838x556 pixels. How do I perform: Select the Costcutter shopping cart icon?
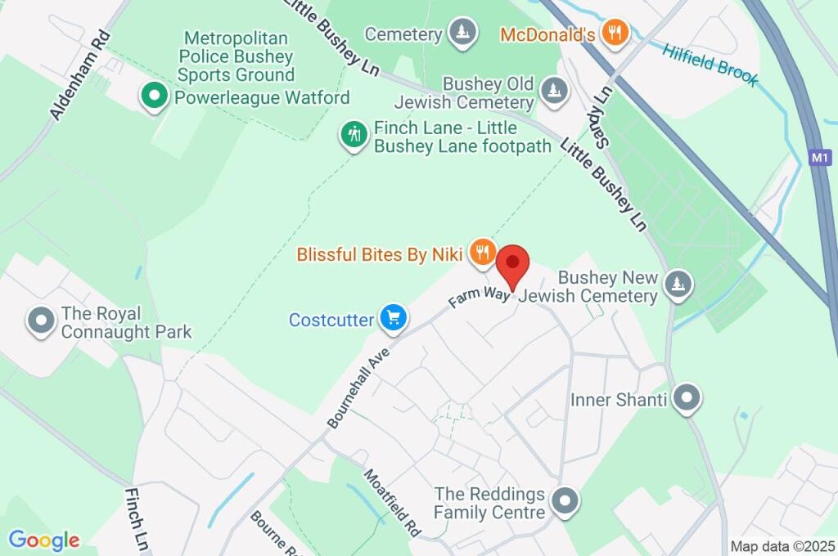click(393, 318)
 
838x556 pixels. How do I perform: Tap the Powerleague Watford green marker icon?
click(153, 96)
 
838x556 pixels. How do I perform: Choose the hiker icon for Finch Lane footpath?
click(354, 134)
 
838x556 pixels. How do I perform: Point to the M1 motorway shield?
click(820, 157)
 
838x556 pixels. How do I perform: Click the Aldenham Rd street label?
click(80, 75)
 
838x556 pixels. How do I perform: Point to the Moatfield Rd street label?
click(392, 502)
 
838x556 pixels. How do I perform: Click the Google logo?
click(44, 540)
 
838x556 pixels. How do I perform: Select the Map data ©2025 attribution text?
click(782, 546)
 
